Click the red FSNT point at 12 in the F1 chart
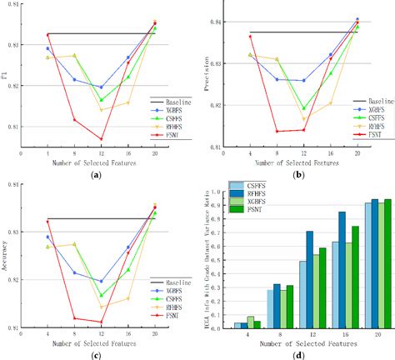pyautogui.click(x=102, y=139)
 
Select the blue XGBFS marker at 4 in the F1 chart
pyautogui.click(x=47, y=48)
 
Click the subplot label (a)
pyautogui.click(x=98, y=173)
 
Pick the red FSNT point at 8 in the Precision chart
pyautogui.click(x=277, y=131)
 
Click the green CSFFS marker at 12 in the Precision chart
pyautogui.click(x=304, y=108)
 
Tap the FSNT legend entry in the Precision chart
pyautogui.click(x=367, y=133)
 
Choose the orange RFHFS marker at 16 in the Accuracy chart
pyautogui.click(x=128, y=298)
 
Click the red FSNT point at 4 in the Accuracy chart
pyautogui.click(x=47, y=221)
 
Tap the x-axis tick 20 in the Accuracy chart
pyautogui.click(x=155, y=333)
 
